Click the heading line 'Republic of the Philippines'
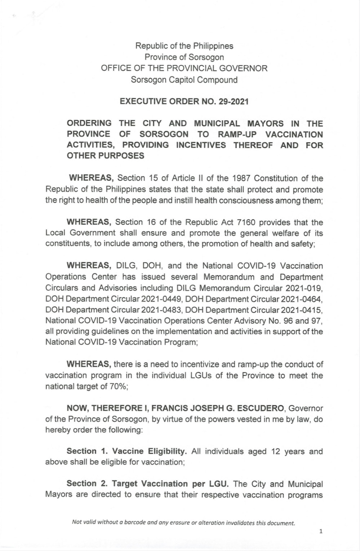(x=184, y=46)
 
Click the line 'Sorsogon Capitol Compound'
(x=184, y=80)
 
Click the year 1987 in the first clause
(x=241, y=178)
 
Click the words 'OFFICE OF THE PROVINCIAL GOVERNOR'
(x=184, y=69)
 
